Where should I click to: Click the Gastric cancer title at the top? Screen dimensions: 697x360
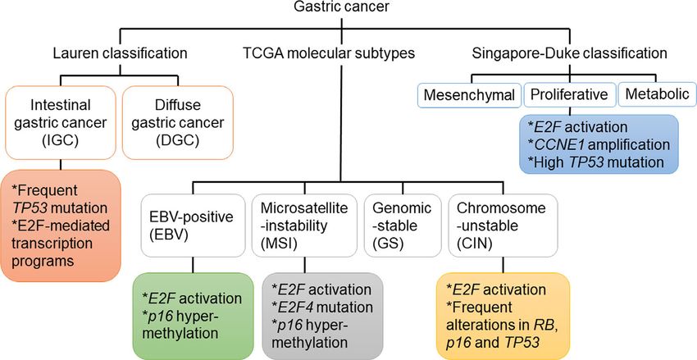pos(341,7)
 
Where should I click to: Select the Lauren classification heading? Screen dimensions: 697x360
pos(120,53)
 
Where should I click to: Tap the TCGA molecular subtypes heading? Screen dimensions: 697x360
pos(329,53)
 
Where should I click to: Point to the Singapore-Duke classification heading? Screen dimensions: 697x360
pos(569,53)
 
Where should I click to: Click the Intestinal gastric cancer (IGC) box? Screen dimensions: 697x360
pos(60,122)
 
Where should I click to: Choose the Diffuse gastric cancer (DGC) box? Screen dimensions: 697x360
pos(178,122)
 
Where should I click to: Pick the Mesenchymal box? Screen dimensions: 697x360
pos(468,94)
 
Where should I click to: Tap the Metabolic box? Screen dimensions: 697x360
pos(657,94)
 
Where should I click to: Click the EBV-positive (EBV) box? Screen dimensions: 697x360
pos(193,226)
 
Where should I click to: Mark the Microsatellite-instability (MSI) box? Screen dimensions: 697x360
pos(304,226)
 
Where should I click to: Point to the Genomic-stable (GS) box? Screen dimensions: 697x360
pos(403,226)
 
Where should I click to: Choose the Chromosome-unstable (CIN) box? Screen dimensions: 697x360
pos(503,226)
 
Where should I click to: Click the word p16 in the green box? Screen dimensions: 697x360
pos(157,316)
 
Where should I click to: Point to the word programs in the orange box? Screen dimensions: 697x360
pos(43,261)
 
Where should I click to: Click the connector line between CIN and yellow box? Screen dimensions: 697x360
pos(503,265)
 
